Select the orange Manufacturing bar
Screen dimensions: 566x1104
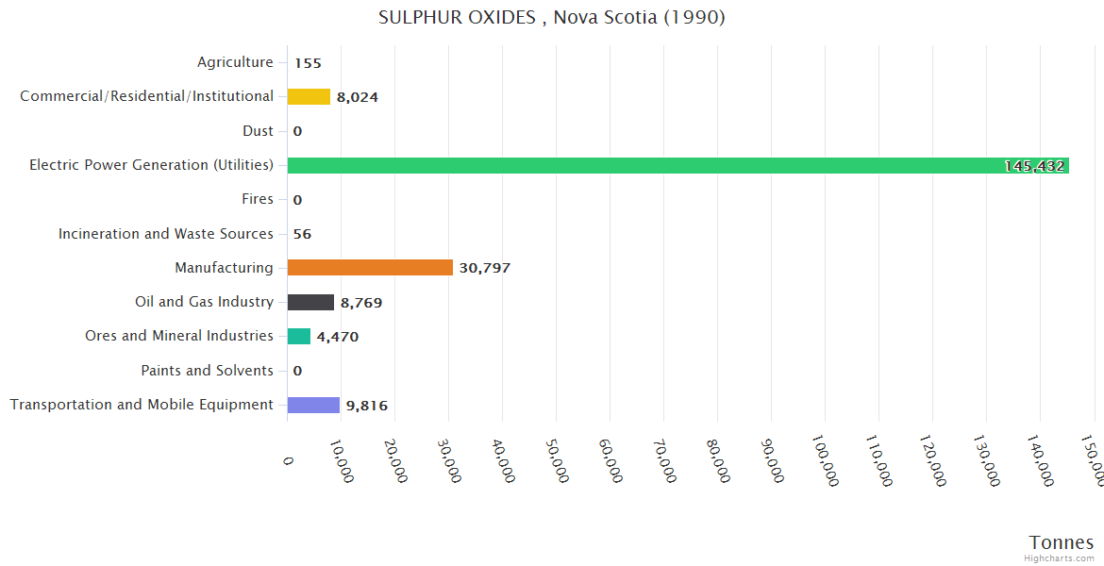370,268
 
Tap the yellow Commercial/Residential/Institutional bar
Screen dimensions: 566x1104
309,96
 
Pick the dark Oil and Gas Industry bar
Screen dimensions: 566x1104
310,302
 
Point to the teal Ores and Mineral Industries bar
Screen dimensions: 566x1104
299,337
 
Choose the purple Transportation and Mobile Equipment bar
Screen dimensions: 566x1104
313,405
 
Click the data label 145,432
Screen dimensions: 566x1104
1034,166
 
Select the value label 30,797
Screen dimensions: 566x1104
484,268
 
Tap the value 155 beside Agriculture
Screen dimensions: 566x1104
308,63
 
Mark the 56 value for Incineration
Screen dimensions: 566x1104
302,234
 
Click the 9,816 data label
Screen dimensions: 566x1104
366,406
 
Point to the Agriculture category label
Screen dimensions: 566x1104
235,62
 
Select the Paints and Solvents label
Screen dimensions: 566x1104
207,371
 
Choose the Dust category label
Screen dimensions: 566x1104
258,131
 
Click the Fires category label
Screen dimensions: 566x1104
258,199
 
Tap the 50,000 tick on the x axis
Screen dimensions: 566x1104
557,460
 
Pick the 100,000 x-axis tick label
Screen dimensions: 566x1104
824,463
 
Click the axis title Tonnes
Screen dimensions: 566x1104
1061,542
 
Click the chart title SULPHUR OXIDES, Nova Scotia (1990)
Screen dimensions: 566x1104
551,18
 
